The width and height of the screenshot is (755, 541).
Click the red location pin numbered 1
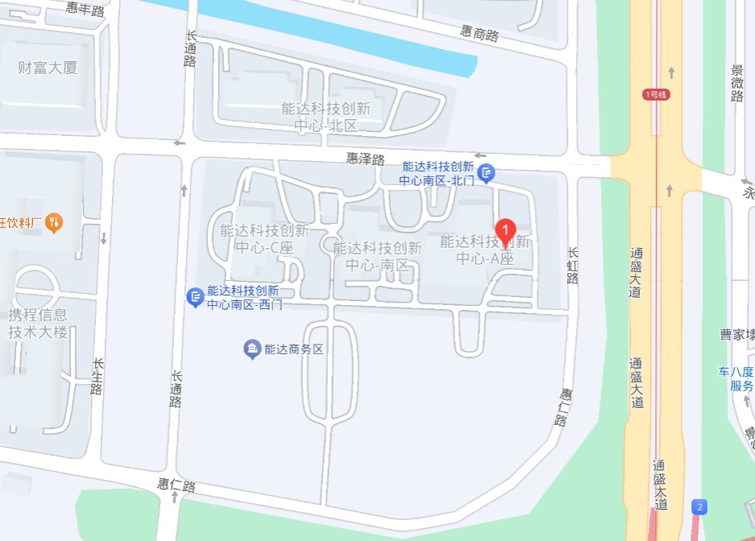[x=505, y=230]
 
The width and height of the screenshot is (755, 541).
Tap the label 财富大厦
[x=48, y=68]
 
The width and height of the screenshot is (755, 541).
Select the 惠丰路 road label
[x=85, y=10]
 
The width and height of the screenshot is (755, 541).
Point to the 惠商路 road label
[x=479, y=34]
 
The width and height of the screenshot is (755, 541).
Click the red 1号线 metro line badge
[x=657, y=94]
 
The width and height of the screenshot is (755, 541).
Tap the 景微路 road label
[x=736, y=83]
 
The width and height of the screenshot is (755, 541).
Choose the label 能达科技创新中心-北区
[x=326, y=117]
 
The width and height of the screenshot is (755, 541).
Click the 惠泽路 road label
[x=365, y=159]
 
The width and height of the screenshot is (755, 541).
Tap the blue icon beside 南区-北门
[x=486, y=172]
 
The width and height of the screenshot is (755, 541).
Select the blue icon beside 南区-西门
[x=195, y=297]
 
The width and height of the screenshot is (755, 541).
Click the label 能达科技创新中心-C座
[x=263, y=239]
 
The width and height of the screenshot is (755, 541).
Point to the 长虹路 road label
[x=573, y=266]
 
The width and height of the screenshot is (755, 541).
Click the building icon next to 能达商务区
[x=252, y=349]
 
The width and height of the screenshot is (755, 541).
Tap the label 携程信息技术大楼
[x=38, y=323]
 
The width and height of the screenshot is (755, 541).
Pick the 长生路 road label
[x=97, y=377]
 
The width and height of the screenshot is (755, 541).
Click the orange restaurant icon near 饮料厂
[x=54, y=221]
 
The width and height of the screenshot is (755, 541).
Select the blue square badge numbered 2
[x=699, y=506]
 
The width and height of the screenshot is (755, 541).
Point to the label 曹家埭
[x=736, y=334]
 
